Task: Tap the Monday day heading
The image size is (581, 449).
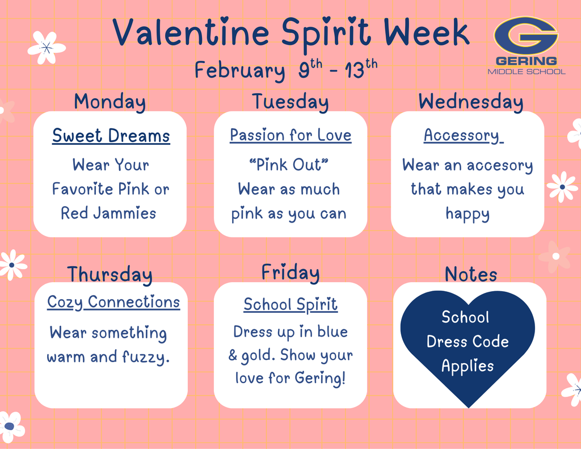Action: click(110, 102)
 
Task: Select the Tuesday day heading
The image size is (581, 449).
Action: click(290, 102)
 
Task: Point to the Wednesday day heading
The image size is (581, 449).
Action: click(470, 102)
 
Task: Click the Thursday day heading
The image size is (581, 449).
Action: click(110, 274)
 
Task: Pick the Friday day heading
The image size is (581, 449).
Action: click(290, 272)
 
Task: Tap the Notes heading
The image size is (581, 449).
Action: click(470, 274)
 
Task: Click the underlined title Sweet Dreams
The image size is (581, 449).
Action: click(111, 136)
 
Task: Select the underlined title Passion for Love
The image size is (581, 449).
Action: click(290, 136)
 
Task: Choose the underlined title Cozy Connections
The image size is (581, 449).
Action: click(113, 302)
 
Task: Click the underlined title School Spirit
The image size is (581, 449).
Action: click(290, 305)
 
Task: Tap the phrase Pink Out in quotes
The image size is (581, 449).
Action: click(289, 165)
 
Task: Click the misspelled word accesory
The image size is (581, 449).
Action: click(499, 166)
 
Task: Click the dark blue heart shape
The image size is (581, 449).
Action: click(468, 346)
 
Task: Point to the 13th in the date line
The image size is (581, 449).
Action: click(363, 71)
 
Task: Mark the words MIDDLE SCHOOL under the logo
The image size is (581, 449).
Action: click(527, 72)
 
